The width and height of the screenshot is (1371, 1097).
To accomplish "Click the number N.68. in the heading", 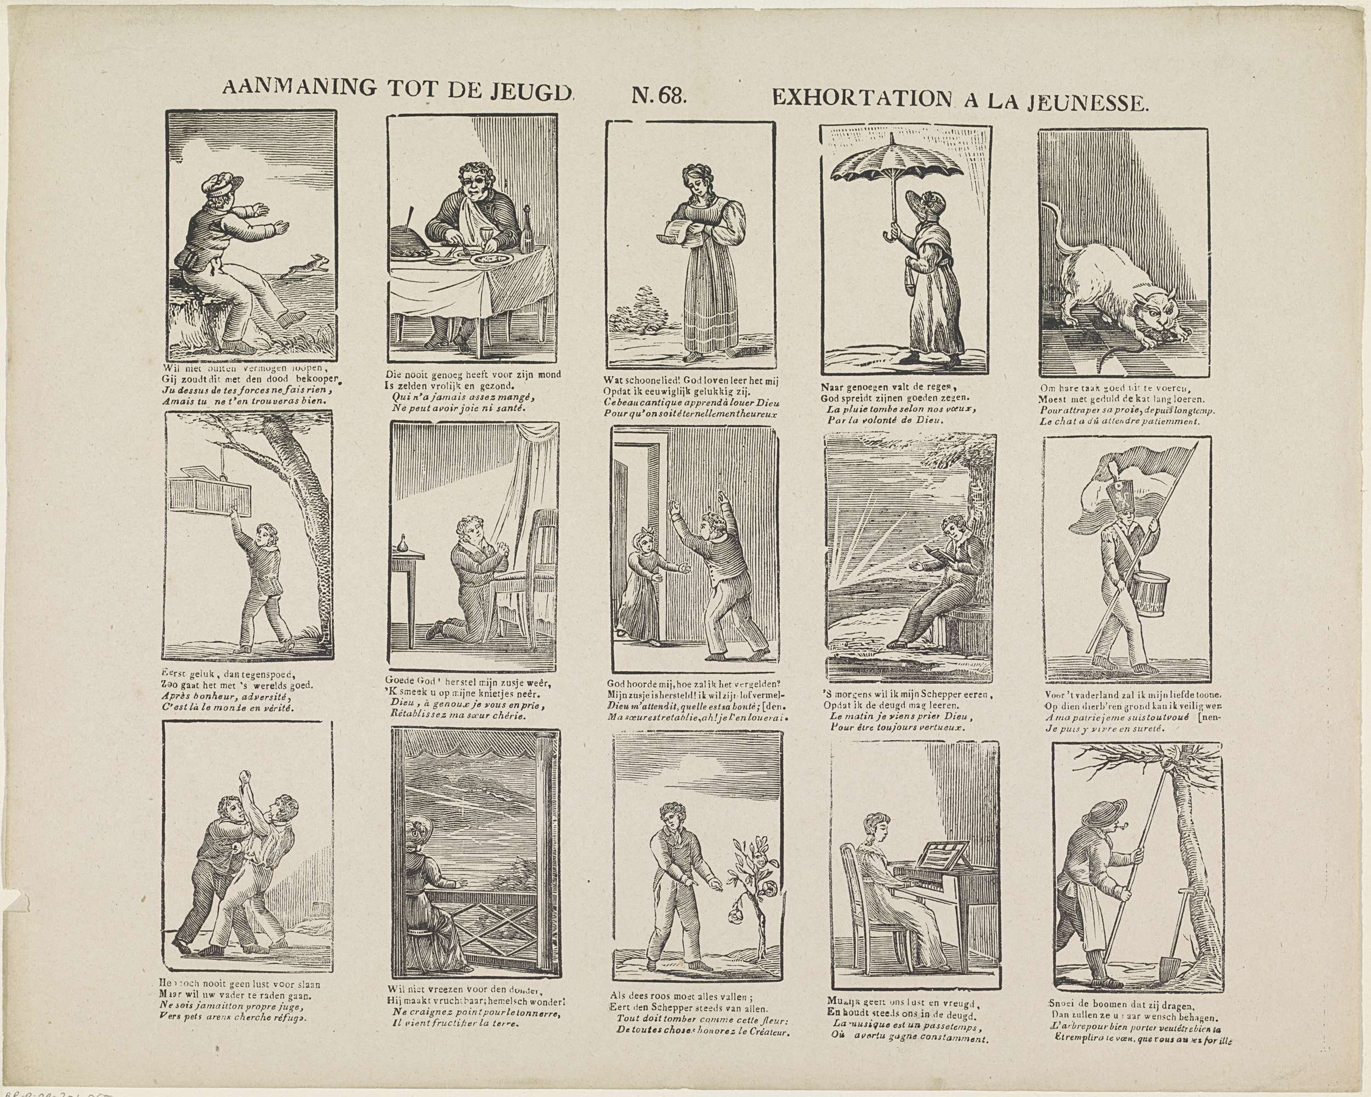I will [658, 95].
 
